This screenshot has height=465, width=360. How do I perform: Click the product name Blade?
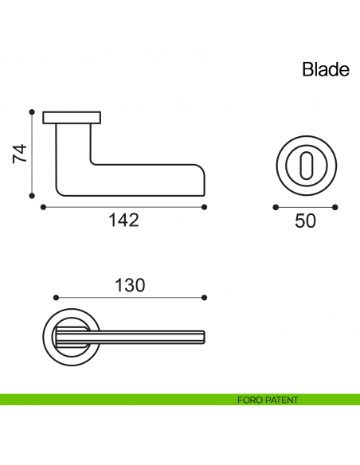[326, 69]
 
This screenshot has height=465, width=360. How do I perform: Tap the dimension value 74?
[21, 153]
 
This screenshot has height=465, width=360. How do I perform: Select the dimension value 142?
[123, 221]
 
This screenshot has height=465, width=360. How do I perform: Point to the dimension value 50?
[305, 221]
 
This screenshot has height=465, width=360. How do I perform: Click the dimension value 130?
[130, 285]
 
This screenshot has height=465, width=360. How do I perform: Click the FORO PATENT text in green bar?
[268, 400]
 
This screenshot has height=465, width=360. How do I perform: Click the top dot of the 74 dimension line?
[32, 112]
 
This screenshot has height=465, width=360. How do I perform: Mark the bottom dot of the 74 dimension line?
[32, 194]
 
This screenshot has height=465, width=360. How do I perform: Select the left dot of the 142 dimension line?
[41, 207]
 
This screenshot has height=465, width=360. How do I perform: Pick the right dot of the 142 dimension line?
[205, 207]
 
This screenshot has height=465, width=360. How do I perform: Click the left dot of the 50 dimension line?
[275, 207]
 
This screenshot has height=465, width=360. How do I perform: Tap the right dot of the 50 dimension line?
[336, 207]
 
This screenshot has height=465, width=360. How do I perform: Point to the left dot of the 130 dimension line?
[55, 298]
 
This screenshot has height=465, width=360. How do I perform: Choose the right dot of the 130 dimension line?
[205, 298]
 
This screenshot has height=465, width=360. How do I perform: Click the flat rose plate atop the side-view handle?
[72, 119]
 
